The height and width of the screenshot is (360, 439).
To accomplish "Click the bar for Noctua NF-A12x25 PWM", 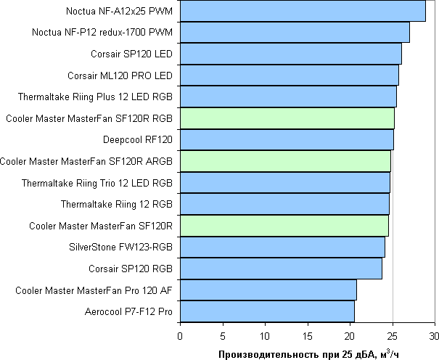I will pos(303,11).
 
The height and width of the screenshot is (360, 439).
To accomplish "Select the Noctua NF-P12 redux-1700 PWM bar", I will pos(295,33).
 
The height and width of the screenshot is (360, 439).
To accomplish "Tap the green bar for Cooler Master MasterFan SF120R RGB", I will pos(287,118).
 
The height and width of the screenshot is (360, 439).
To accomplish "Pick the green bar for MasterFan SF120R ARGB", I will pos(285,160).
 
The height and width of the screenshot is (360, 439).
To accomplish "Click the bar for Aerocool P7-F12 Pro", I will pos(267,311).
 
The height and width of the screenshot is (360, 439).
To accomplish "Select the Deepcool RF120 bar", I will pos(287,139).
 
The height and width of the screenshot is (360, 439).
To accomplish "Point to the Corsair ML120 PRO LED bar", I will pos(289,75).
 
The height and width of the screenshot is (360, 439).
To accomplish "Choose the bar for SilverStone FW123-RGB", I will pos(282,247).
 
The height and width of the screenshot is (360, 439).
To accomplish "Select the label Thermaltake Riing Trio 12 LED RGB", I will pos(97,182).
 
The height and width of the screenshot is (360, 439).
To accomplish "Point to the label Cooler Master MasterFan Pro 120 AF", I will pos(94,290).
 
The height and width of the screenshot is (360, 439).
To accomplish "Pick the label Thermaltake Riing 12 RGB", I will pos(117,204).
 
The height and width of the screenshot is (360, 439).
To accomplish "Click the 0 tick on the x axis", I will pos(180,335).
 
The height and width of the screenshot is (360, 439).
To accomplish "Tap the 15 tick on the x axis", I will pos(307,335).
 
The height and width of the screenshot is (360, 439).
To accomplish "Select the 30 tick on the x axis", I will pos(435,335).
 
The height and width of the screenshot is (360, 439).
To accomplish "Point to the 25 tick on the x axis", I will pos(392,335).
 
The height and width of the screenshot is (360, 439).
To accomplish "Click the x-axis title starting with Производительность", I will pos(308,353).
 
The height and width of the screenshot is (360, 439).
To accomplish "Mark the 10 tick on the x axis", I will pos(265,335).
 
